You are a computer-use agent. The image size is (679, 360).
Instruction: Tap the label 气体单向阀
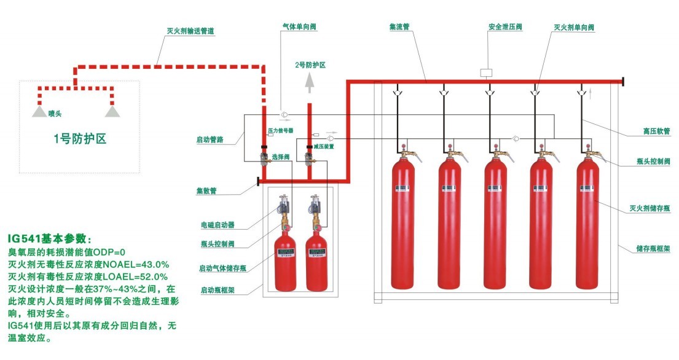pos(299,27)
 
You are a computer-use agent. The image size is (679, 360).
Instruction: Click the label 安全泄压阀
pos(504,27)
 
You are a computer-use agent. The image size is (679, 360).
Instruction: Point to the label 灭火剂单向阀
pos(574,27)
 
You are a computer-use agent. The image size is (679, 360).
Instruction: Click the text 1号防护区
pos(80,138)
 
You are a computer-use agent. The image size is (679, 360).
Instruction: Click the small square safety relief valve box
pos(486,72)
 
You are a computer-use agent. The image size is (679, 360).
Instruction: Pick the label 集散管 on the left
pos(206,190)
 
